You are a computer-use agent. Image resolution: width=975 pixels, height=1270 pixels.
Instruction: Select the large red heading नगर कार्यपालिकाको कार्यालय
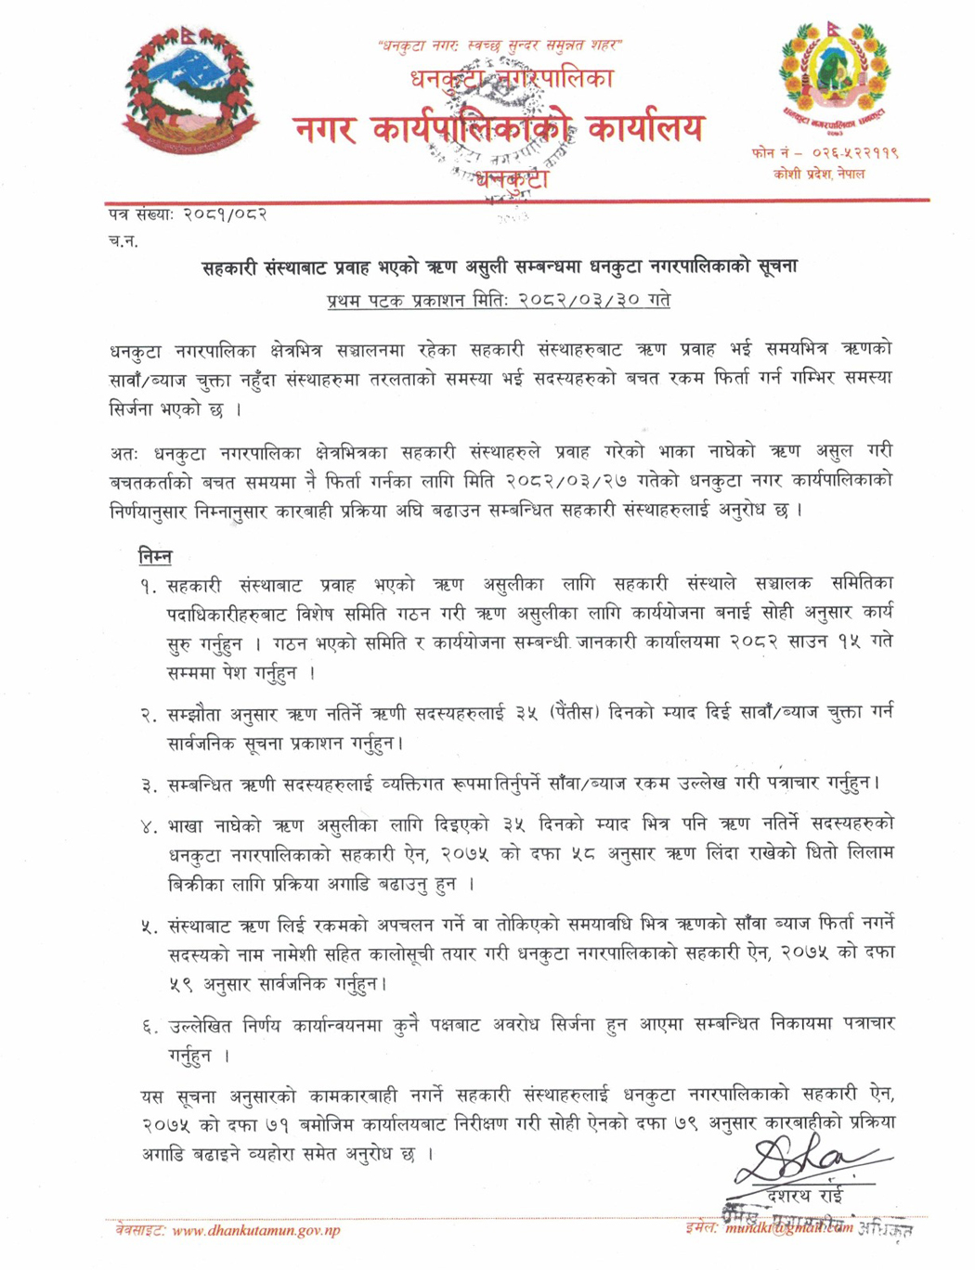[x=499, y=129]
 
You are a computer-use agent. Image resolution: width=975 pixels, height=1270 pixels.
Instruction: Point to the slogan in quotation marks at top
[x=500, y=45]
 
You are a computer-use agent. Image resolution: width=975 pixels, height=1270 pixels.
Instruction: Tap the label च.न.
[x=123, y=241]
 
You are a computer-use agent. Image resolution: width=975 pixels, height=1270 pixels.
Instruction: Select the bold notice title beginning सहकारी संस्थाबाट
[x=500, y=267]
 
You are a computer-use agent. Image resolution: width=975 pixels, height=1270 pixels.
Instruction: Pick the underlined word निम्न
[x=155, y=557]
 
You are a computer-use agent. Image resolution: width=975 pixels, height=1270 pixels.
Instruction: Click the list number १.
[x=149, y=587]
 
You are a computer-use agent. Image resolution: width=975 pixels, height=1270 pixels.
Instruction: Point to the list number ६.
[x=149, y=1026]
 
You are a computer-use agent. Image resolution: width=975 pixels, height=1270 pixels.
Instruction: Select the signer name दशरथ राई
[x=805, y=1195]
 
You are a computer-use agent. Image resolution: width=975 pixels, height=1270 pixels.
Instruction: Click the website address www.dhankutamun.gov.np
[x=256, y=1231]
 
